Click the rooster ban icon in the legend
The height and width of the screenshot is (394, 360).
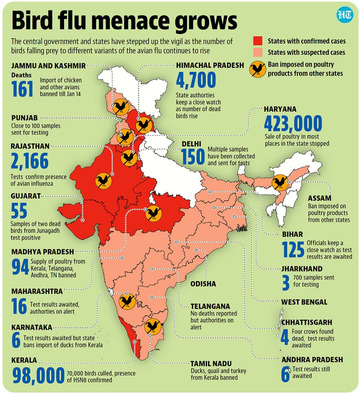[258, 68]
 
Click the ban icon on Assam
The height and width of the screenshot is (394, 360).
[279, 182]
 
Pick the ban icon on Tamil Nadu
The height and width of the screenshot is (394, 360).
[153, 327]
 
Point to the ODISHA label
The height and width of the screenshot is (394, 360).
[203, 284]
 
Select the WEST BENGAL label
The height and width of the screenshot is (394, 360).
[305, 302]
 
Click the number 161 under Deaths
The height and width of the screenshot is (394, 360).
[22, 89]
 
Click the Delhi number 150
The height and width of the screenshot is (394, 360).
[193, 156]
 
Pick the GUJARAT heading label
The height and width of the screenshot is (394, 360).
[26, 196]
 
